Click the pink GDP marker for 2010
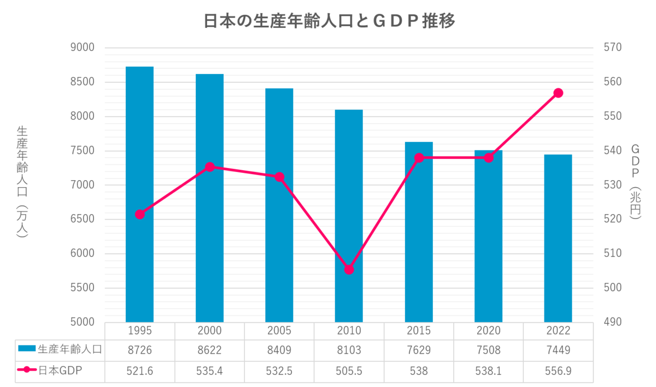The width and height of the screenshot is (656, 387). (349, 269)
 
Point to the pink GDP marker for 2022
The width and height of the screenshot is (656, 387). (558, 93)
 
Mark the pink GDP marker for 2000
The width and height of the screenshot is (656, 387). (209, 166)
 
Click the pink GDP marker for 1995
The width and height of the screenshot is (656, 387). (140, 214)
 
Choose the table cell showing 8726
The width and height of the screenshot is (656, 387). (140, 348)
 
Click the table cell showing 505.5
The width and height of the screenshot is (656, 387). (349, 372)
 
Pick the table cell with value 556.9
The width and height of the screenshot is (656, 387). (558, 372)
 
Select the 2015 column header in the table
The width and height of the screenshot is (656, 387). (419, 331)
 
